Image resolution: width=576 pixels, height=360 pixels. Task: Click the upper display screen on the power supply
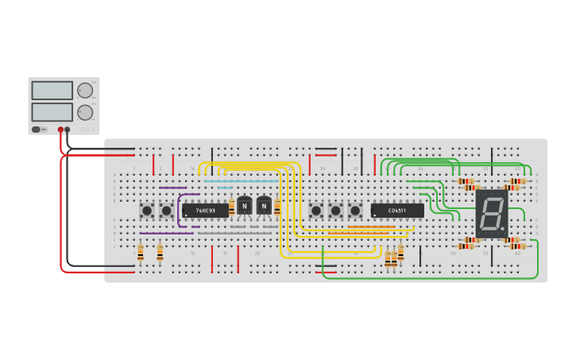click(x=52, y=91)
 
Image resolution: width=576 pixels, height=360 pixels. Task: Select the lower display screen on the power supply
click(x=52, y=112)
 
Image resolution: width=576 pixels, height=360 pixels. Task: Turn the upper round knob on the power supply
click(x=84, y=91)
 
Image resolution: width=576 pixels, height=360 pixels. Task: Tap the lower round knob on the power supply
click(x=84, y=112)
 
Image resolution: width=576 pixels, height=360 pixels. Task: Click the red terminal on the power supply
click(x=60, y=130)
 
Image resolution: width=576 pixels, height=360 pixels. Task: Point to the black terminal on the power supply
click(x=68, y=130)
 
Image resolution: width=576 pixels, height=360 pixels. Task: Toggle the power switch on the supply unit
click(x=36, y=130)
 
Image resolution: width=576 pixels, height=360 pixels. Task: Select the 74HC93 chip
click(x=205, y=211)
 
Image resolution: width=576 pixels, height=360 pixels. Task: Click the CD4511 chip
click(x=396, y=211)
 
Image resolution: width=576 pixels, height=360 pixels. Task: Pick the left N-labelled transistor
click(x=245, y=207)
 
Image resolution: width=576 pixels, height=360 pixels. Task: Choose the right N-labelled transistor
click(x=264, y=207)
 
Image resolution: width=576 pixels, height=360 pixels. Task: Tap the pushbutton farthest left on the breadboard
click(x=147, y=211)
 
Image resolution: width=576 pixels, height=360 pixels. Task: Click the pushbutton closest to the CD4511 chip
click(x=354, y=211)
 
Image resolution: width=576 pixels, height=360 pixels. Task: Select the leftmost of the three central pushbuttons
click(x=316, y=211)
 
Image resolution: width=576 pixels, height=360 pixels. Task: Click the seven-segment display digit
click(x=490, y=212)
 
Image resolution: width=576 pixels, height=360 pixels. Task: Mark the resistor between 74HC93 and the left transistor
click(x=232, y=207)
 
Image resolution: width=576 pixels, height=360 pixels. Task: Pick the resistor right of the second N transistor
click(x=277, y=207)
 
